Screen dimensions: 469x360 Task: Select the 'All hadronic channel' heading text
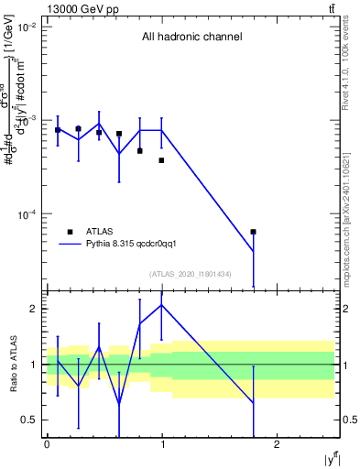pos(191,38)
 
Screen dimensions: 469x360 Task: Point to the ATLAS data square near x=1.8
pos(254,232)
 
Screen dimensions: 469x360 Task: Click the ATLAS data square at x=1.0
pos(161,160)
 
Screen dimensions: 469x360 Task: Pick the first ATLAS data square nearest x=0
pos(58,130)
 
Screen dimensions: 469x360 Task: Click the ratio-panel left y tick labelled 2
pos(36,309)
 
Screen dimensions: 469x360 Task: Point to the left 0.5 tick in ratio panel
pos(32,420)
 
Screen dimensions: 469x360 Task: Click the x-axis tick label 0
pos(47,444)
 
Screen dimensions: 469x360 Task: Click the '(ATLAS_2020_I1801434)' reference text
pos(191,274)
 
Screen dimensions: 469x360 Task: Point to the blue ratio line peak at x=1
pos(162,305)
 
